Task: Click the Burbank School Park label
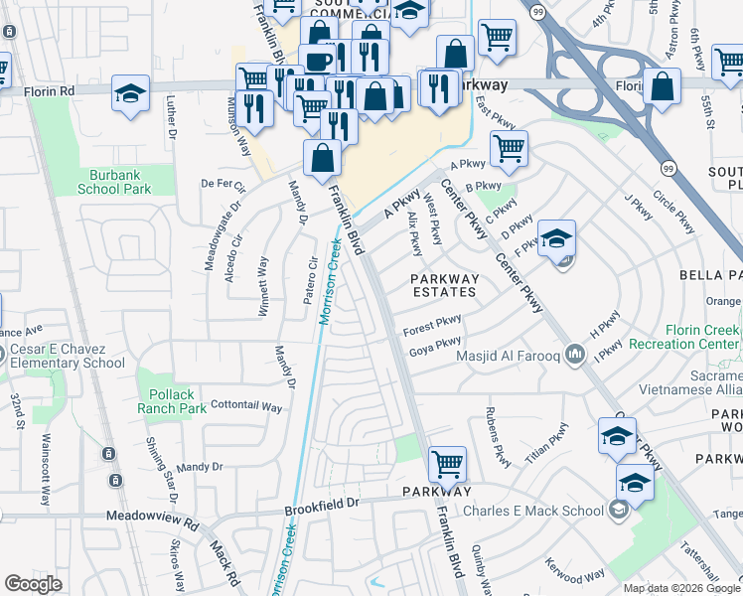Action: tap(113, 181)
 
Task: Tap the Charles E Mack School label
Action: tap(532, 512)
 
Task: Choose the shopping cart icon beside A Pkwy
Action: tap(509, 148)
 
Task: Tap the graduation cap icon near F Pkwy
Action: tap(557, 237)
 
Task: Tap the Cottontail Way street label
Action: tap(246, 406)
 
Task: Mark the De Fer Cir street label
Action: tap(223, 184)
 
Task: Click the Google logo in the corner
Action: tap(34, 583)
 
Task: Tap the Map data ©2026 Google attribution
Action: tap(680, 588)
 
